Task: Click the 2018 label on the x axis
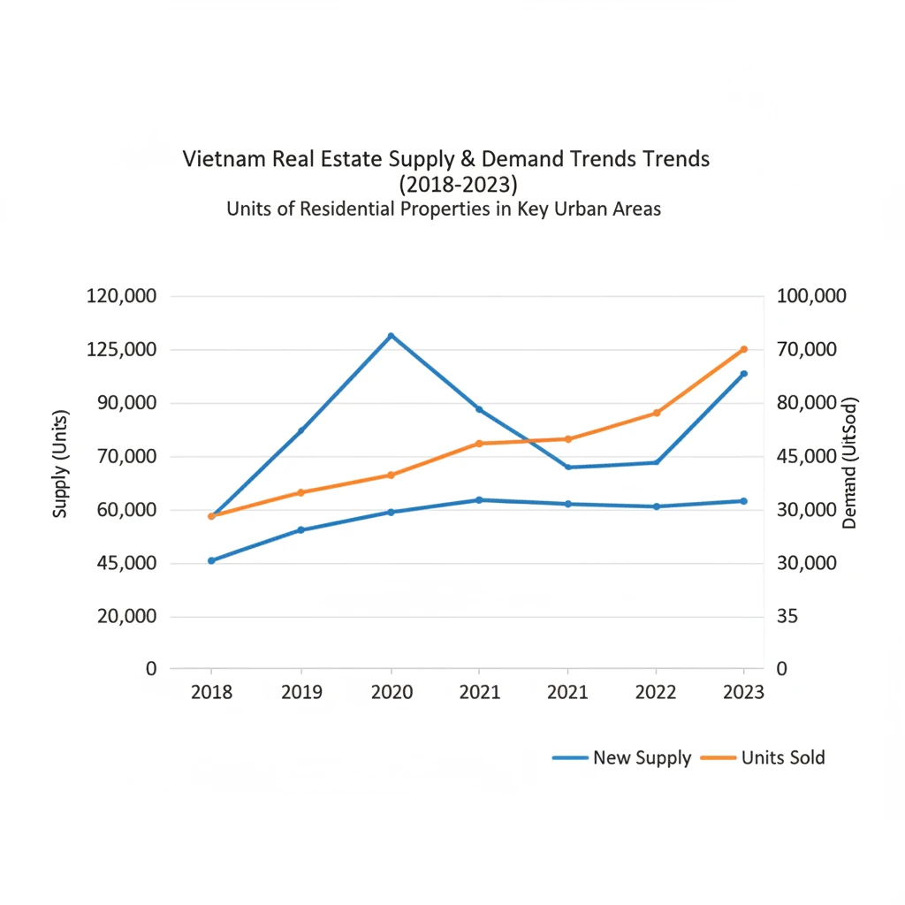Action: pyautogui.click(x=211, y=692)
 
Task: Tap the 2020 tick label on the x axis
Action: pyautogui.click(x=391, y=692)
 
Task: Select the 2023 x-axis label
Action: pyautogui.click(x=742, y=692)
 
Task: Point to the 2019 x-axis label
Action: pyautogui.click(x=301, y=692)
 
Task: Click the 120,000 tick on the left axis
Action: pyautogui.click(x=121, y=296)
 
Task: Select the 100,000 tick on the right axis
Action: pyautogui.click(x=811, y=296)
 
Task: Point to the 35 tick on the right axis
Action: pyautogui.click(x=787, y=616)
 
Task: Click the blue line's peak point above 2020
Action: pyautogui.click(x=391, y=336)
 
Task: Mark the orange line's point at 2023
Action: pyautogui.click(x=743, y=350)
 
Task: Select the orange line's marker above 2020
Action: pyautogui.click(x=391, y=475)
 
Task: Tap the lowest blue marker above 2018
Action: pyautogui.click(x=211, y=560)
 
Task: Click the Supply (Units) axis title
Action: pyautogui.click(x=60, y=463)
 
